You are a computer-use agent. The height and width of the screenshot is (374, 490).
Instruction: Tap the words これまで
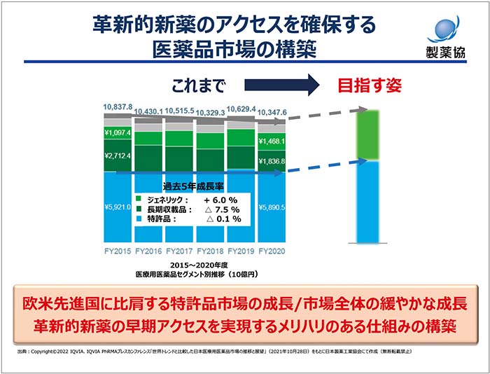199,86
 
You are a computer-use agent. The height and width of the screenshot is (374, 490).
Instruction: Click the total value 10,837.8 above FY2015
118,106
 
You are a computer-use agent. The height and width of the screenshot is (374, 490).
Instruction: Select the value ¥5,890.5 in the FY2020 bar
272,207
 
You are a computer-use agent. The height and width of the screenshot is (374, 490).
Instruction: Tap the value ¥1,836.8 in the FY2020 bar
272,162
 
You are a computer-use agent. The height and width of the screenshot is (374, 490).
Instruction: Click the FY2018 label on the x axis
210,250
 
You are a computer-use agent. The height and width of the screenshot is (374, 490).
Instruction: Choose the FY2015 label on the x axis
118,250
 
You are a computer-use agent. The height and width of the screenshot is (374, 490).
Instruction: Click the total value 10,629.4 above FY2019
241,109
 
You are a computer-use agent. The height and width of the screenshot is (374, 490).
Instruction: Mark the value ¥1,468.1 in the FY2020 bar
272,141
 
